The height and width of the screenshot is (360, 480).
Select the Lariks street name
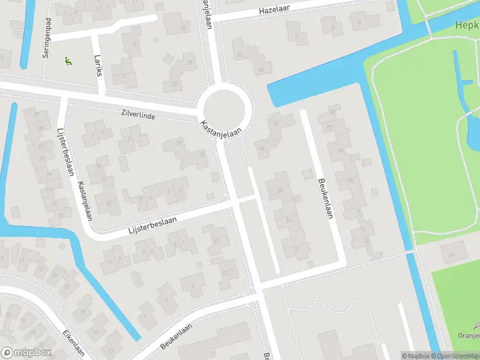(x=98, y=65)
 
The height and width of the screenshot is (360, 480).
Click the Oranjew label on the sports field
(x=468, y=336)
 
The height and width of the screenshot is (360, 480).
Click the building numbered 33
(x=182, y=28)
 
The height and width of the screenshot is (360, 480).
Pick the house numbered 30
(x=261, y=70)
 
